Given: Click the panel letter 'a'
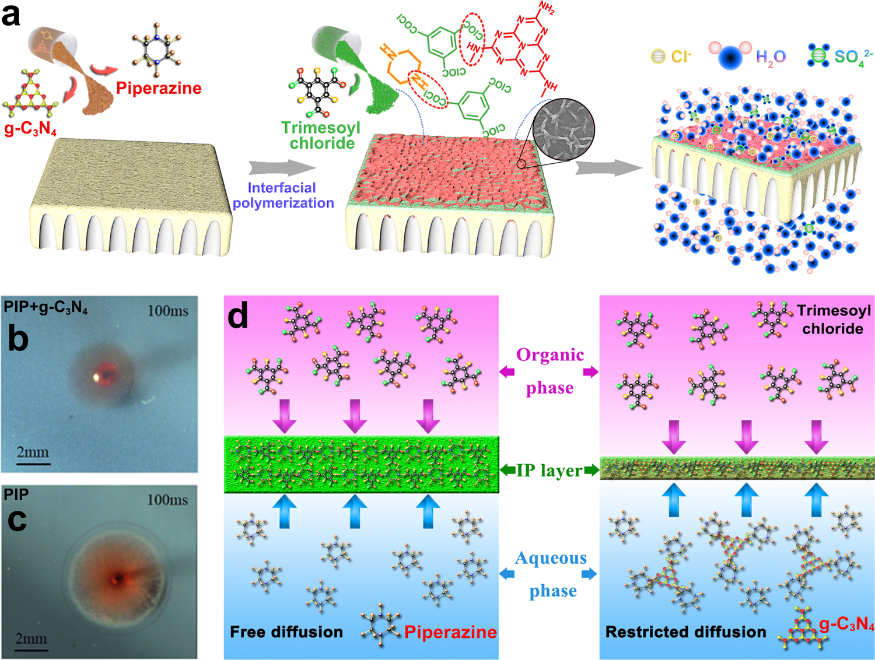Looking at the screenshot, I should coord(10,15).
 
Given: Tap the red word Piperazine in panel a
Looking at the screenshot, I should coord(159,89).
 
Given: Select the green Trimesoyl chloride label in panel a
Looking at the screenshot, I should coord(321,135).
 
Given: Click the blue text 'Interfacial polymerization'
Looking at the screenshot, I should coord(283,195).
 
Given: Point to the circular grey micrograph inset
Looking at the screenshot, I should coord(564,129).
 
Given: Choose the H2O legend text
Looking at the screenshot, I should coord(771,57).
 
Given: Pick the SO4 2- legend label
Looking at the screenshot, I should coord(853,57).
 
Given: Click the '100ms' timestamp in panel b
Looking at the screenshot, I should coord(168,311).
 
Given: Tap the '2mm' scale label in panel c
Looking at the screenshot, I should coord(32,639).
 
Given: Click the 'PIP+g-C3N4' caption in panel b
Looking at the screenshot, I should coord(45,307).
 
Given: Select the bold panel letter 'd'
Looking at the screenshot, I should coord(238,315).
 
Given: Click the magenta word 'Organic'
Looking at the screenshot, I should coord(549,355).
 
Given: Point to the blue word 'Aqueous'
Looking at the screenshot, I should coord(551,559).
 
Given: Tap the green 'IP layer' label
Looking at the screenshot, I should coord(549,471).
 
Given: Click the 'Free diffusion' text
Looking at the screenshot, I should coord(286,632).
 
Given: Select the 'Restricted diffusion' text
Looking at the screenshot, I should coord(685,632).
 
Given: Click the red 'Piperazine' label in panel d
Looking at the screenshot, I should coord(450,632).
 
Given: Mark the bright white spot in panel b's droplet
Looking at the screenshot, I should coord(96,377).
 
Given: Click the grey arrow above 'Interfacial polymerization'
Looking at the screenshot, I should coord(282,168).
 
